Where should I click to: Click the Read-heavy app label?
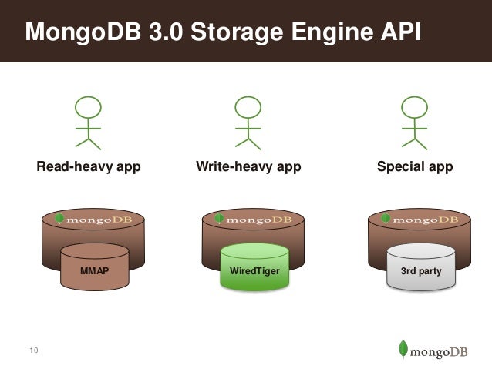point(89,167)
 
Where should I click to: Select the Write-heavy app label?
point(248,167)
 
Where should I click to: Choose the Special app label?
point(414,167)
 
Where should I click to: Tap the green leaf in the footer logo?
point(403,348)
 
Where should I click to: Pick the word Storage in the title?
point(227,32)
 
